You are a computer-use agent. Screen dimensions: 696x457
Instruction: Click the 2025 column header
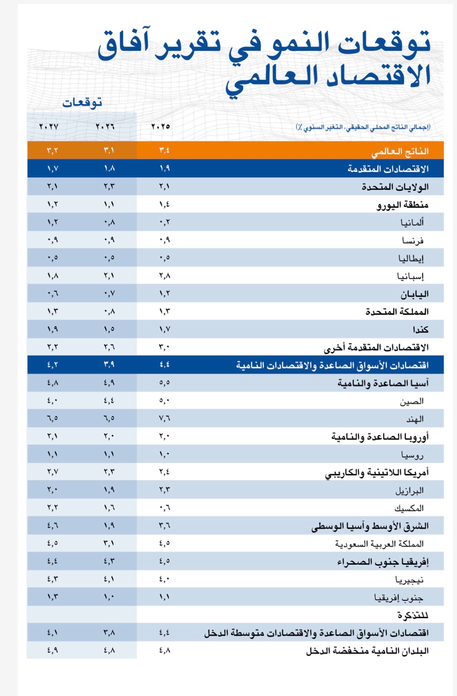pos(161,127)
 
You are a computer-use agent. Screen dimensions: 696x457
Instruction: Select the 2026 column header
pos(105,127)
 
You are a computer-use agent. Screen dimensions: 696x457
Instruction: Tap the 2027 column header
pos(49,127)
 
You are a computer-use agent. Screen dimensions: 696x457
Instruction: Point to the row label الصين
pos(412,401)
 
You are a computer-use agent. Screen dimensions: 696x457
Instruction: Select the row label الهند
pos(415,419)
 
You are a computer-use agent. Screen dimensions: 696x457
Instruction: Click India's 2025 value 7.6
pos(164,419)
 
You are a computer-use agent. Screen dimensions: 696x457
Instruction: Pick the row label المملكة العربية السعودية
pos(379,544)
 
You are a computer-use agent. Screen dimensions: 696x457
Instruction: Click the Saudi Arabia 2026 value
pos(109,543)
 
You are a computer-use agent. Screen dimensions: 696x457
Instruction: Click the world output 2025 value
pos(164,151)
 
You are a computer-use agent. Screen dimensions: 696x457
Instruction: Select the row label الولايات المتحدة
pos(395,187)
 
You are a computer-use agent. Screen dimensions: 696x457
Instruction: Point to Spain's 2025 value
pos(164,276)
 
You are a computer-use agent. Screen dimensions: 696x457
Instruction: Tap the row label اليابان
pos(414,294)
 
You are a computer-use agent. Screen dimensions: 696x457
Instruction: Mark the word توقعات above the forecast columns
pos(82,103)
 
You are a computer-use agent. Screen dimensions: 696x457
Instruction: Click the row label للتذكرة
pos(413,615)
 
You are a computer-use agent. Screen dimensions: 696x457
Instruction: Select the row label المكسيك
pos(409,508)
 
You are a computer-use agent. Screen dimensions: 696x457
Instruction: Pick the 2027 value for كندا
pos(53,329)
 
